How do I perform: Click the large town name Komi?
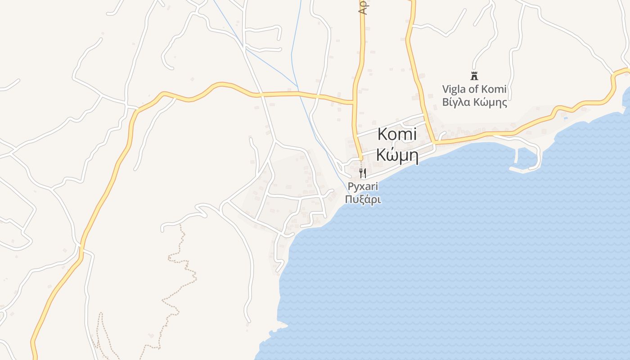pos(397,134)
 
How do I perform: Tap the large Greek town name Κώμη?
pos(397,156)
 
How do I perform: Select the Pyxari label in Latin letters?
pos(363,186)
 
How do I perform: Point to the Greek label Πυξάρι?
pos(363,199)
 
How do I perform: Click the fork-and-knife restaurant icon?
pos(363,173)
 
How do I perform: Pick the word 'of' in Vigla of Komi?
pos(474,89)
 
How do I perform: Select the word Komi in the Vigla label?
pos(494,89)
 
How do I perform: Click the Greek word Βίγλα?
pos(456,102)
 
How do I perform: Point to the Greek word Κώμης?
pos(490,102)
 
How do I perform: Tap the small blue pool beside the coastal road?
pos(565,118)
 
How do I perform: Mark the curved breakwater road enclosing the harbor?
pos(538,155)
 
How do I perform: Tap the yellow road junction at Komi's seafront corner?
pos(434,143)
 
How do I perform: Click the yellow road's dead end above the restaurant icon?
pos(360,159)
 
